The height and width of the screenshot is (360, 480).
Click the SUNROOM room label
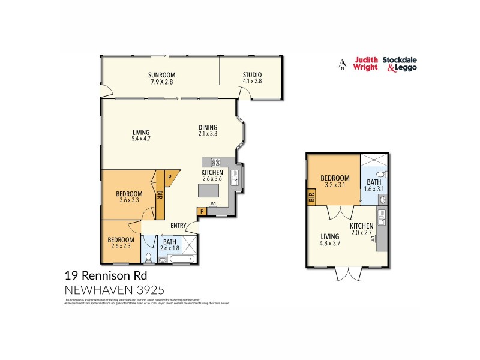pos(161,75)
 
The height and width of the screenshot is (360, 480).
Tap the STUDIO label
pos(253,75)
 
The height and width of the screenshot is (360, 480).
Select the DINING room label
pos(208,127)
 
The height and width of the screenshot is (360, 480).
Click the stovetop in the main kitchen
pos(214,162)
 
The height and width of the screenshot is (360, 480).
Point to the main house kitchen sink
pos(237,178)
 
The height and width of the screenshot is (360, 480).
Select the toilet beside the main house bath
pos(148,257)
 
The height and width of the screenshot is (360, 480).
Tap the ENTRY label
pos(178,226)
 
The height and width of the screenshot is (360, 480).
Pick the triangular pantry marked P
pos(170,178)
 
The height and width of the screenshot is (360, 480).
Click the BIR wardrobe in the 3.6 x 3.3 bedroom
pos(160,194)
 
